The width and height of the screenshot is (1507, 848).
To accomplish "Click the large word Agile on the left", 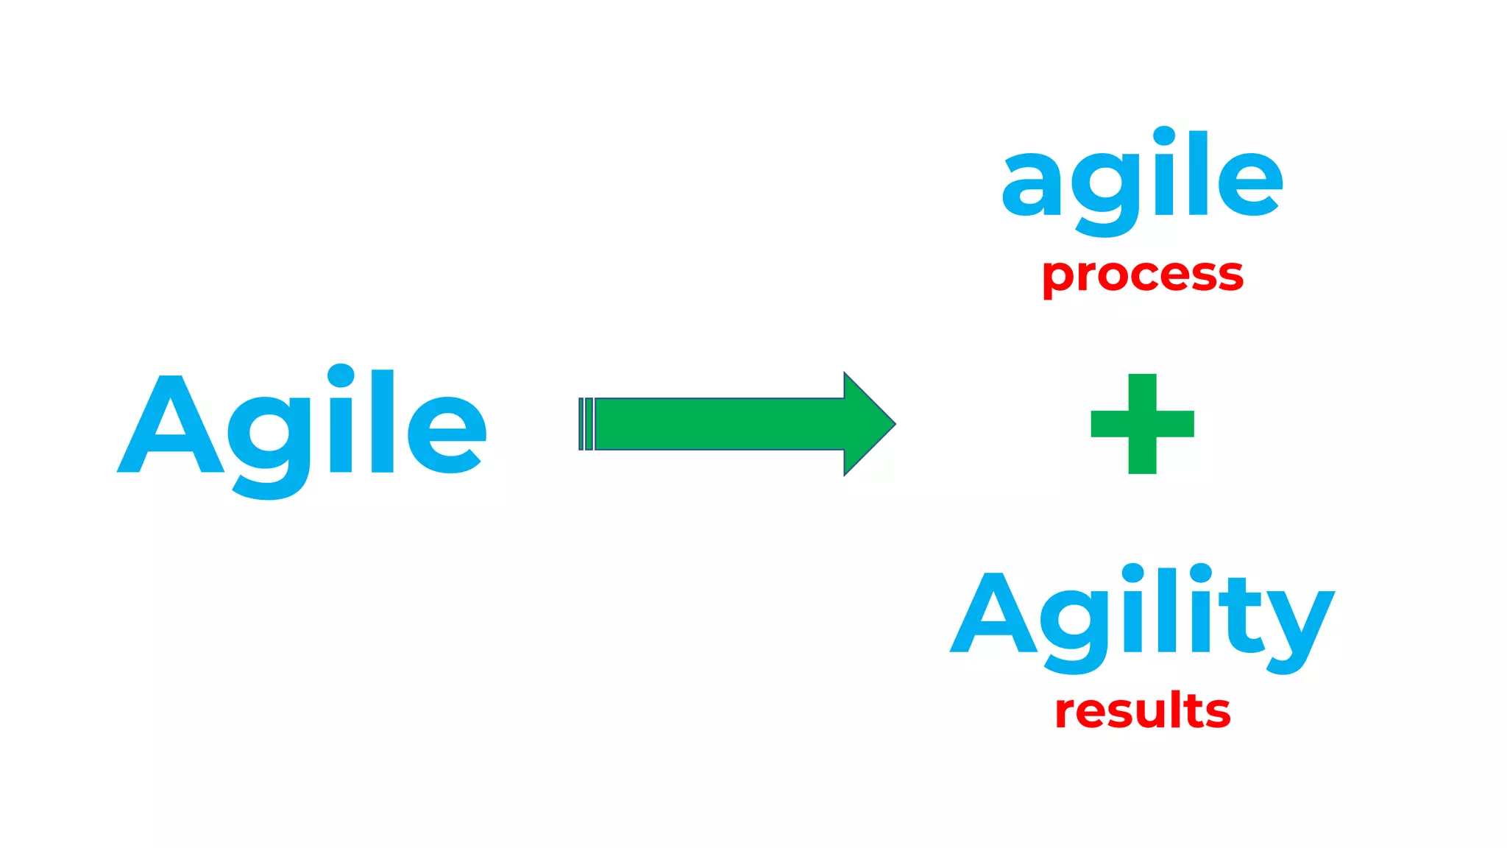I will click(x=302, y=427).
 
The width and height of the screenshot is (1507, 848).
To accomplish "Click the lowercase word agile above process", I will click(x=1142, y=180).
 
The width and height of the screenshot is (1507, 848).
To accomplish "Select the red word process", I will click(x=1142, y=276).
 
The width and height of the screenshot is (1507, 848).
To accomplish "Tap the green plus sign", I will click(x=1142, y=424).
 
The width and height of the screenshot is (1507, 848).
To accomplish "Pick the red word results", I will click(x=1142, y=712).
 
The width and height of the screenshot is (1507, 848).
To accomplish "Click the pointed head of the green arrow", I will click(x=868, y=424).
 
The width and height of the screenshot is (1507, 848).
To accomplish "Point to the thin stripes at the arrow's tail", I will click(x=586, y=424).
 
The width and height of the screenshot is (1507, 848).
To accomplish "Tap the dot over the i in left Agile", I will click(x=341, y=375).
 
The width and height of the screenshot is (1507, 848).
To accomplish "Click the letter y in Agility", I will click(x=1299, y=626).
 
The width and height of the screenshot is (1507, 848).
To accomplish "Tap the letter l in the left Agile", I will click(x=383, y=421).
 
